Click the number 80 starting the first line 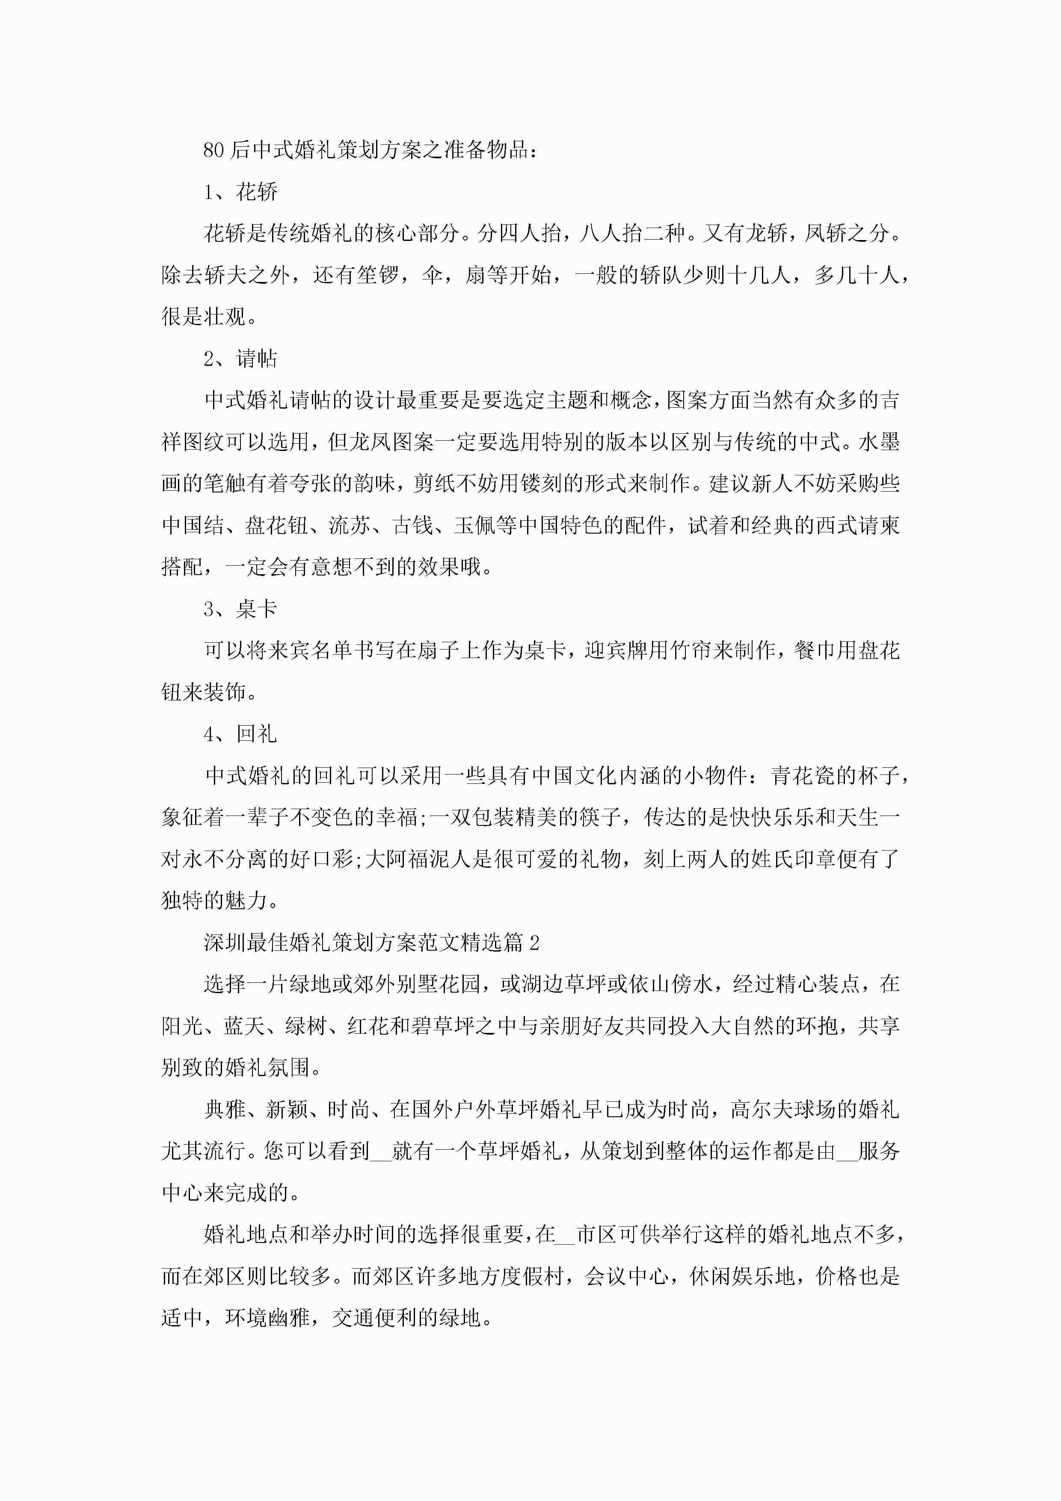click(214, 150)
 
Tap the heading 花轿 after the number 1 click(257, 192)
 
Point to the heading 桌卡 click(257, 609)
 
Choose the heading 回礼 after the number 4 click(257, 734)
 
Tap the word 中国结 click(193, 525)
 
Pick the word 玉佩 click(475, 525)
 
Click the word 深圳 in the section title click(225, 943)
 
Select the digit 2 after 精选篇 click(535, 943)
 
